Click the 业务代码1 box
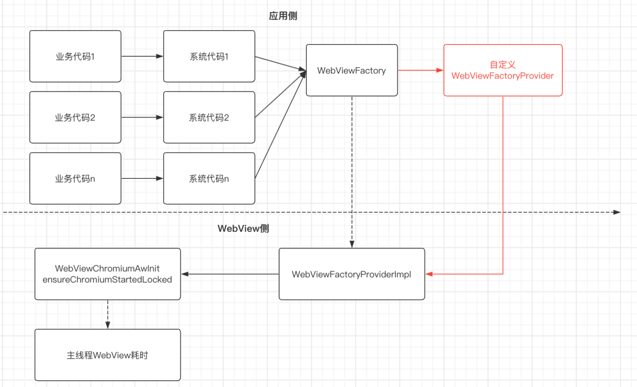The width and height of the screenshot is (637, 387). coord(75,57)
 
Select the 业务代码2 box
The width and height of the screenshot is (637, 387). coord(75,117)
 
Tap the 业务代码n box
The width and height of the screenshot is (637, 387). coord(75,178)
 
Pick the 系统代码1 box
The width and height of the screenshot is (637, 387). coord(209,57)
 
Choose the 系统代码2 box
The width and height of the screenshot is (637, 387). coord(209,117)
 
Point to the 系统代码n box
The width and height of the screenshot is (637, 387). coord(209,178)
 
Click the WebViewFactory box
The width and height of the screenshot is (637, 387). coord(352,70)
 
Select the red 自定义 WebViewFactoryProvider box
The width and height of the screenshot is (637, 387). coord(503,70)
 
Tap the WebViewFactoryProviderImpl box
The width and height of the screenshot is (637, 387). coord(352,274)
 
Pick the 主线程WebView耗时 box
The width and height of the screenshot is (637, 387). coord(107,355)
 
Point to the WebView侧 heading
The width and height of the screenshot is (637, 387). coord(244,228)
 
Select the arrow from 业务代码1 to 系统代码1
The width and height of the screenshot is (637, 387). coord(142,57)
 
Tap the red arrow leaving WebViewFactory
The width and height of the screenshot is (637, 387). coord(421,70)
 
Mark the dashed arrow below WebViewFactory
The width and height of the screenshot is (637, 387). coord(352,171)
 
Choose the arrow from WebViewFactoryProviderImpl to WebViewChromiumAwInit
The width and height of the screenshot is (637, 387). coord(230,274)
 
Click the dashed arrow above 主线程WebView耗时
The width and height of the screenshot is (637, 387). coord(107,314)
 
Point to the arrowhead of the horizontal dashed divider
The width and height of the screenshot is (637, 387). coord(617,212)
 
